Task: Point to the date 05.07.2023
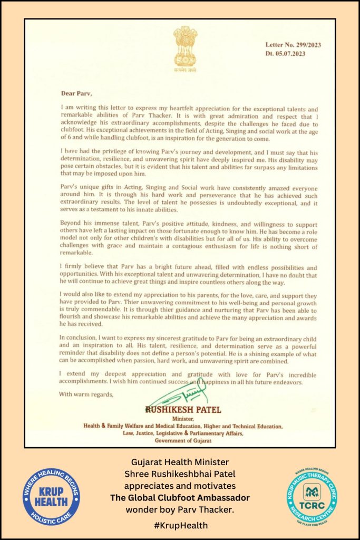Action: click(x=286, y=53)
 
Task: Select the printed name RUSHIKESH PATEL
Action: click(x=181, y=410)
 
